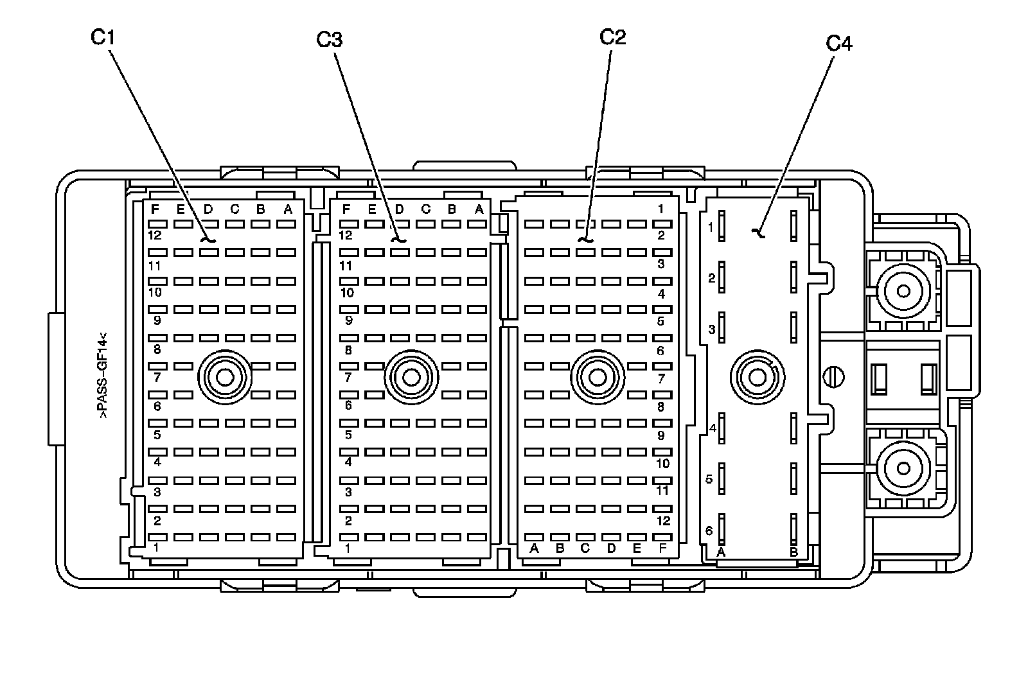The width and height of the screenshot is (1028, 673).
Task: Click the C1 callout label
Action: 102,39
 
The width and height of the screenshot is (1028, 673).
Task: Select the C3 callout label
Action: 329,40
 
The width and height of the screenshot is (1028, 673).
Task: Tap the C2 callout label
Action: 612,37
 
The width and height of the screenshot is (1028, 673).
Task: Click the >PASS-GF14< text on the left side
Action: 102,376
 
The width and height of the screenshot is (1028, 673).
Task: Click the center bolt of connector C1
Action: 225,377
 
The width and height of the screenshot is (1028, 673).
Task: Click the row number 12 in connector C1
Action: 154,236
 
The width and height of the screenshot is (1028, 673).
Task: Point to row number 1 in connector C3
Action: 348,548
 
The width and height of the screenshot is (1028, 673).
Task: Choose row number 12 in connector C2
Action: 662,521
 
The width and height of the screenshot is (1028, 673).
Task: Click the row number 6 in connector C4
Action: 709,530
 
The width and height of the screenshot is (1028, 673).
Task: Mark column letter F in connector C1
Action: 154,209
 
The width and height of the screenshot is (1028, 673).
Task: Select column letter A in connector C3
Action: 479,209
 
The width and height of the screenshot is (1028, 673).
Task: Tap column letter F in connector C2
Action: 662,548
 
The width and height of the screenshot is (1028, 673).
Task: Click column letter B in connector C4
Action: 793,552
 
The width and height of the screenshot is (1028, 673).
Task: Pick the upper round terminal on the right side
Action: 903,292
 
